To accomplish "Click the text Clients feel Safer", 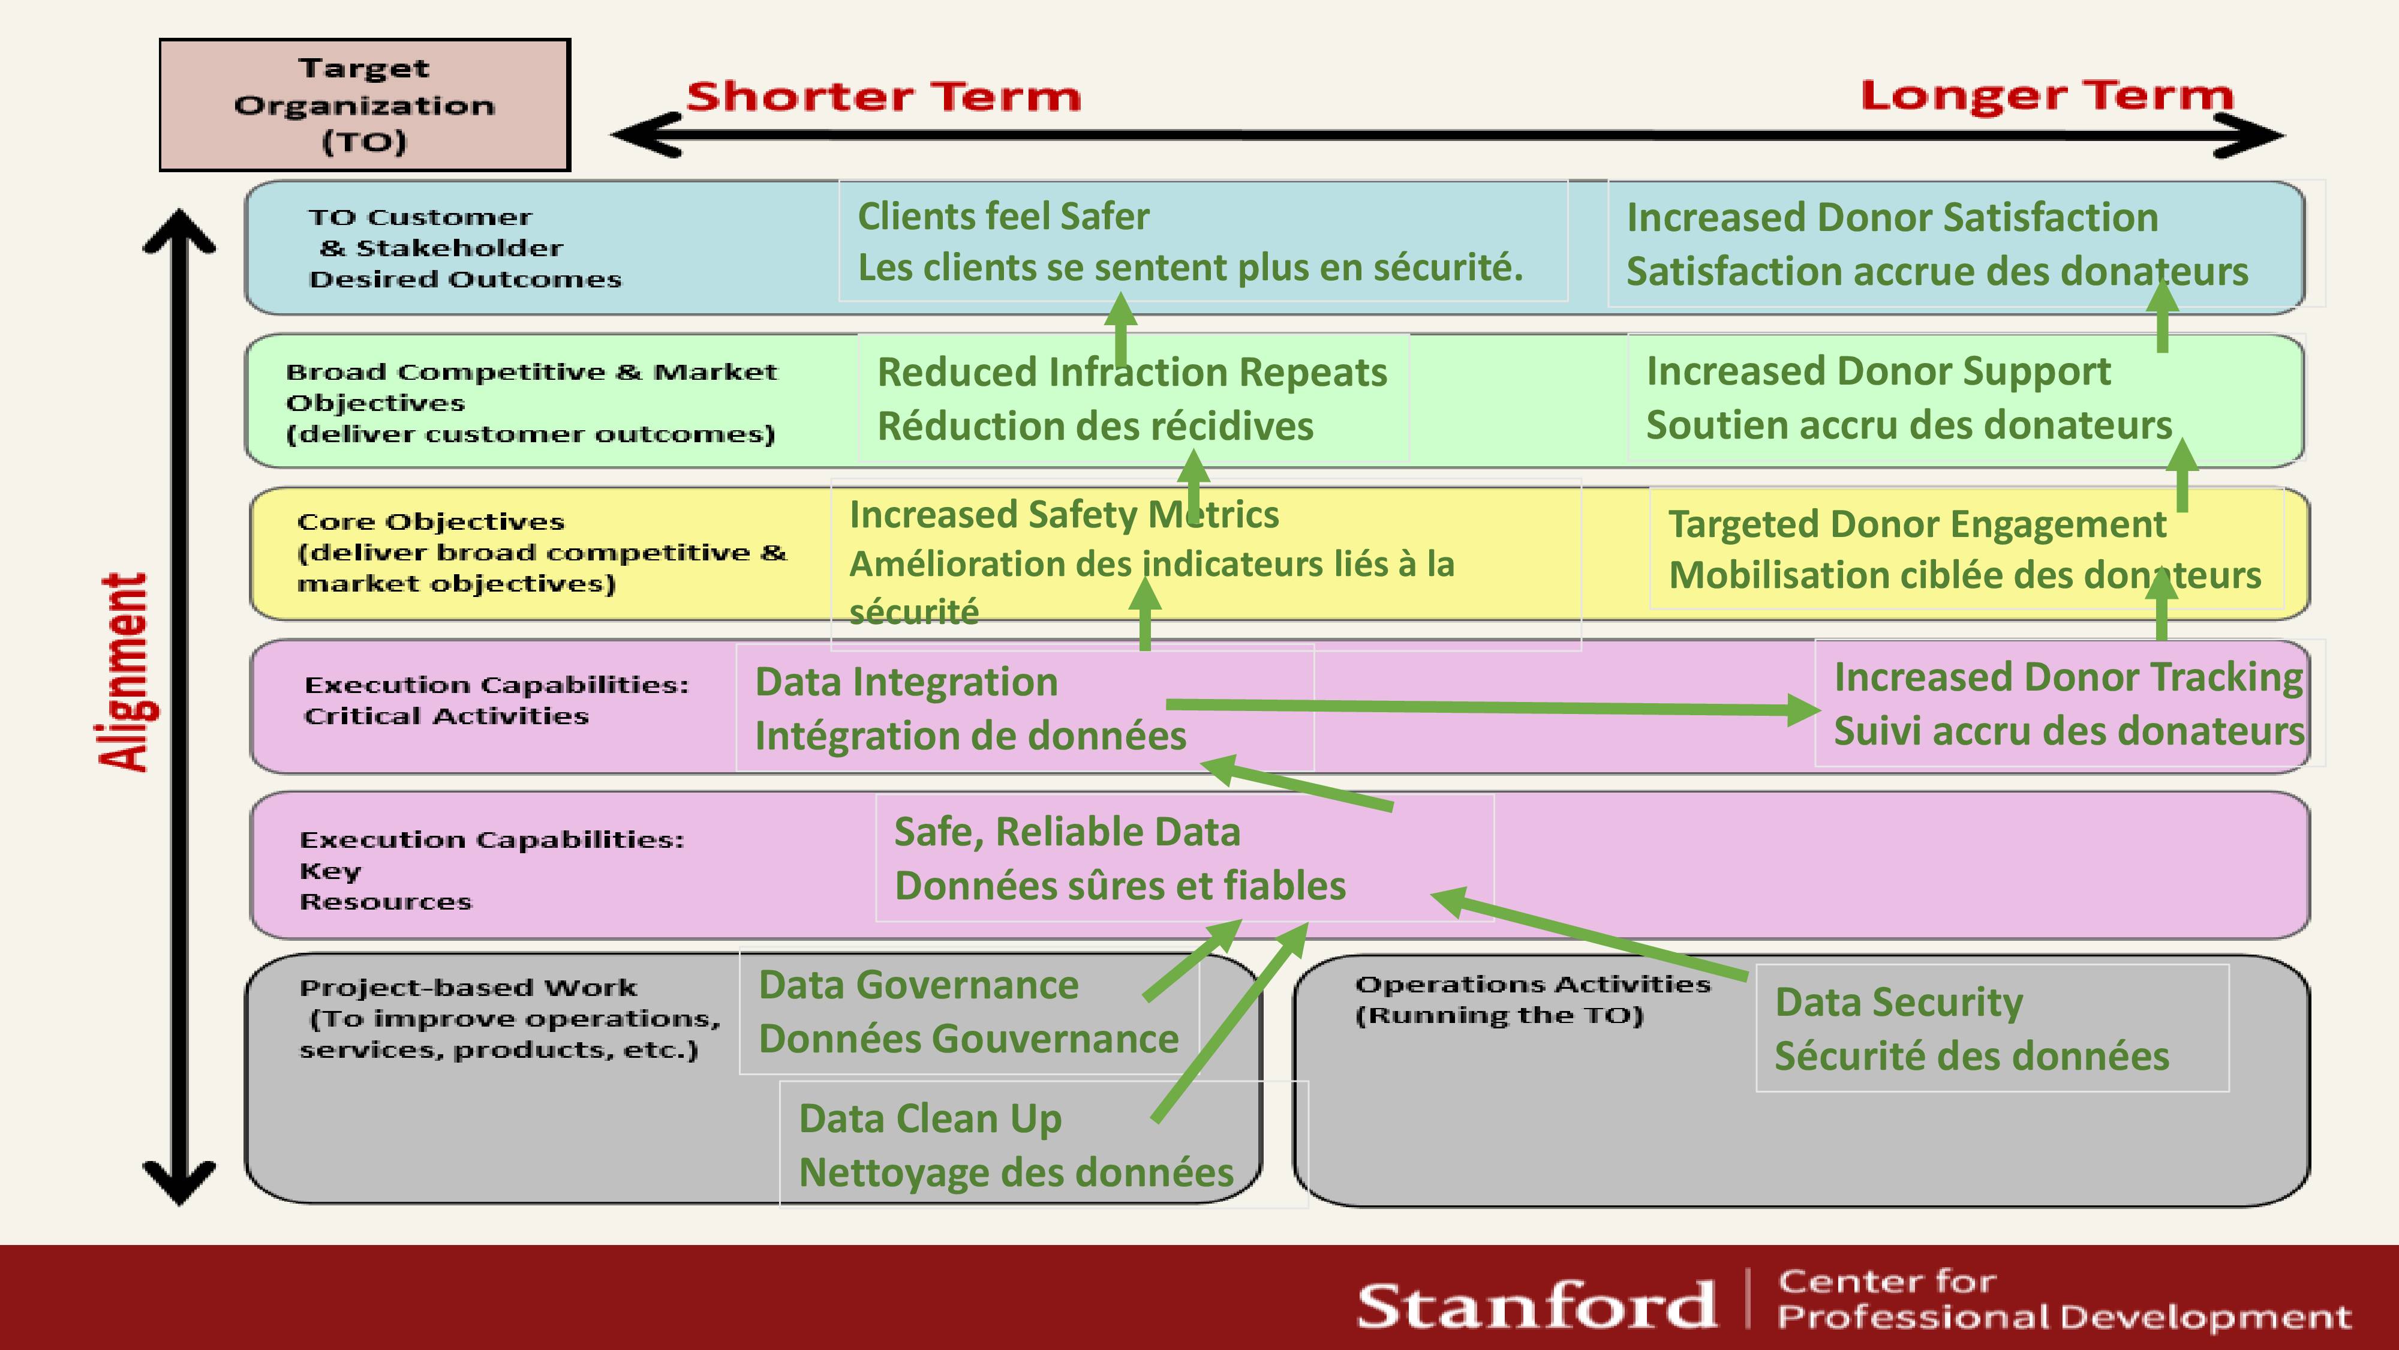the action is (x=1003, y=216).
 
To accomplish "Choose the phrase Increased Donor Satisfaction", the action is (x=1892, y=217).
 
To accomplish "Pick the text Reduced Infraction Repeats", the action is (x=1132, y=373).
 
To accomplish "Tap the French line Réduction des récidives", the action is (x=1095, y=426).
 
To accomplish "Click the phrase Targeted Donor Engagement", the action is (x=1917, y=524).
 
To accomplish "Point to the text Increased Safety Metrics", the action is (x=1063, y=514).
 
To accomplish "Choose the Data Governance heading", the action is (x=918, y=985).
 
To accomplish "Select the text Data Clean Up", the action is (x=930, y=1119).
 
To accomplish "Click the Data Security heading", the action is (x=1898, y=1003).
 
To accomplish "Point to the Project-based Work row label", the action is (x=509, y=1018).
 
